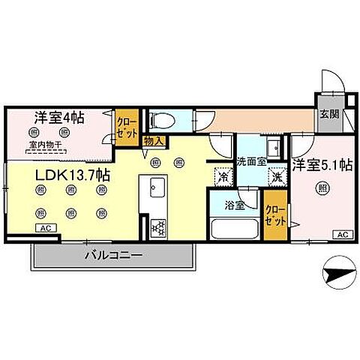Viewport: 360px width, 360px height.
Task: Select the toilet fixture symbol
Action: pyautogui.click(x=160, y=120)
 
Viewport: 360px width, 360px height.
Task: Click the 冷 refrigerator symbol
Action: pyautogui.click(x=223, y=177)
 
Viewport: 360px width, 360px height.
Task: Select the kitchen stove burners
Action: pyautogui.click(x=158, y=227)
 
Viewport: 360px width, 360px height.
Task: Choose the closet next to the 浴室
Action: pyautogui.click(x=274, y=215)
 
